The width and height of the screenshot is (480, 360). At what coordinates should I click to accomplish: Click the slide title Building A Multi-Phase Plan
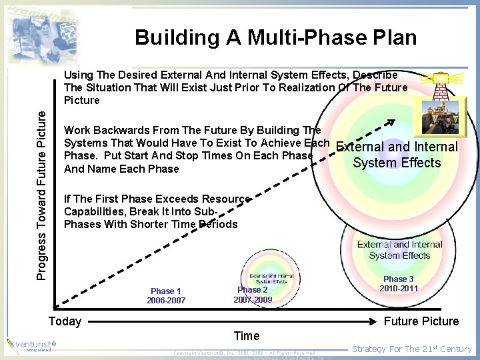pyautogui.click(x=275, y=37)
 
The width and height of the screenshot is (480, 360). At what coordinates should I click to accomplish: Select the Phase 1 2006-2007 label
pyautogui.click(x=166, y=295)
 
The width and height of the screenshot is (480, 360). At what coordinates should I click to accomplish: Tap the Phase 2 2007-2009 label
pyautogui.click(x=253, y=295)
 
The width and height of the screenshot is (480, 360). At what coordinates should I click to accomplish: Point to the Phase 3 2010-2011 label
pyautogui.click(x=398, y=283)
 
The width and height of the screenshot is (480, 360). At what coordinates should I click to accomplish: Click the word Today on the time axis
pyautogui.click(x=65, y=321)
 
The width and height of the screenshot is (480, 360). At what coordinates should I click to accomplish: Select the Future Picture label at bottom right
pyautogui.click(x=421, y=321)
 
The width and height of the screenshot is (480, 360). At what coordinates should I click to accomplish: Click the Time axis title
pyautogui.click(x=247, y=335)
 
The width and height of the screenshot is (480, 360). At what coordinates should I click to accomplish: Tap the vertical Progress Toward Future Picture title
pyautogui.click(x=41, y=186)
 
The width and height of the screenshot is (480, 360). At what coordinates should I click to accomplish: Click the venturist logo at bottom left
pyautogui.click(x=31, y=345)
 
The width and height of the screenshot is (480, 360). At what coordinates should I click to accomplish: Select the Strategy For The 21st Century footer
pyautogui.click(x=411, y=349)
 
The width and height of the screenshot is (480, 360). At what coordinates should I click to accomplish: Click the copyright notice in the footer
pyautogui.click(x=244, y=353)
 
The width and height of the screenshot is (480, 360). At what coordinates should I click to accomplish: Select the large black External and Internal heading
pyautogui.click(x=397, y=147)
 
